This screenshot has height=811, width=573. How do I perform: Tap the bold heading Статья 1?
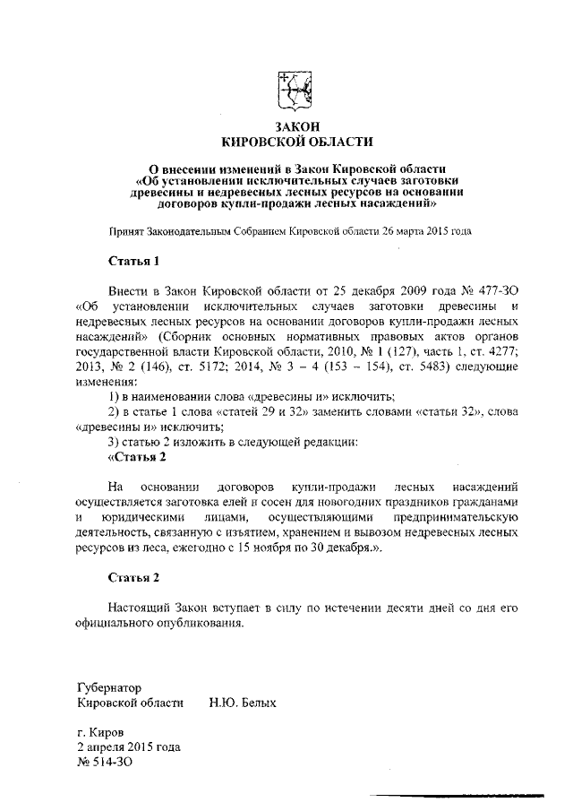[133, 262]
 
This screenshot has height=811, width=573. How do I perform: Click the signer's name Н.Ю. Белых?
[243, 703]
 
